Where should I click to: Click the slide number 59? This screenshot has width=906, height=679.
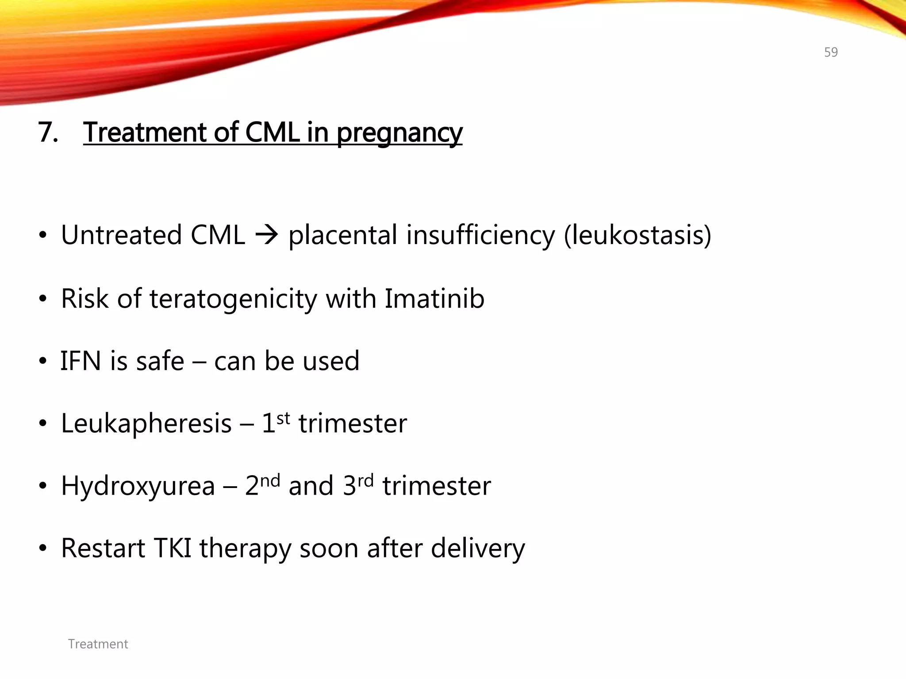click(831, 52)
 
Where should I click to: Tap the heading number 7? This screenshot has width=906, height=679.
click(48, 132)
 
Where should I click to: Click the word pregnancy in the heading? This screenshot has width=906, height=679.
click(399, 133)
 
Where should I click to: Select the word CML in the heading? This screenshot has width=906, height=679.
click(272, 132)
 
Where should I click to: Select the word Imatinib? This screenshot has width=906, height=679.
click(434, 298)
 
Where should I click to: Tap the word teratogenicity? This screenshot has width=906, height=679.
click(233, 299)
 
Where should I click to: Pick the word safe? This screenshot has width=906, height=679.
click(160, 361)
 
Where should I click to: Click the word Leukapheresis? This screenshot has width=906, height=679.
click(146, 423)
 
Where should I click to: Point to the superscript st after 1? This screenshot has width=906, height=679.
click(284, 418)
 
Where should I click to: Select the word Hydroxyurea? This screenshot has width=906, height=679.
click(138, 486)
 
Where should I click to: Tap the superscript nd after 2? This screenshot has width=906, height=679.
click(270, 480)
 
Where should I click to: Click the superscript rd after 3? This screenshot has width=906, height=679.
click(365, 480)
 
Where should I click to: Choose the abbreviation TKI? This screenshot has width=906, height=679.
click(173, 548)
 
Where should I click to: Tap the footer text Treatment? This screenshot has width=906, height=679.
click(98, 644)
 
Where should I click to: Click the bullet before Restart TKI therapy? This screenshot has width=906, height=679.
click(42, 549)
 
